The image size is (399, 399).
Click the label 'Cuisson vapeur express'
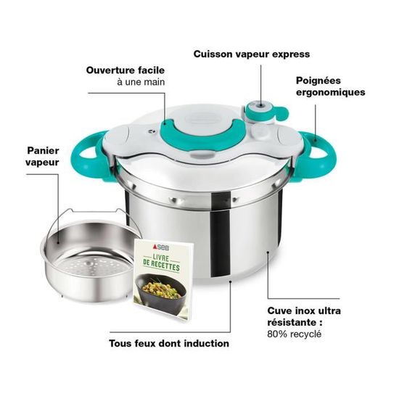click(250, 54)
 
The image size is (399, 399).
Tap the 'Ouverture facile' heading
click(126, 70)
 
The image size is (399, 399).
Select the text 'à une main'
click(141, 83)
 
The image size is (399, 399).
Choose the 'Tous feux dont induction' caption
click(169, 343)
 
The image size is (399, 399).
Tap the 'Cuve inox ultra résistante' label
click(313, 316)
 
